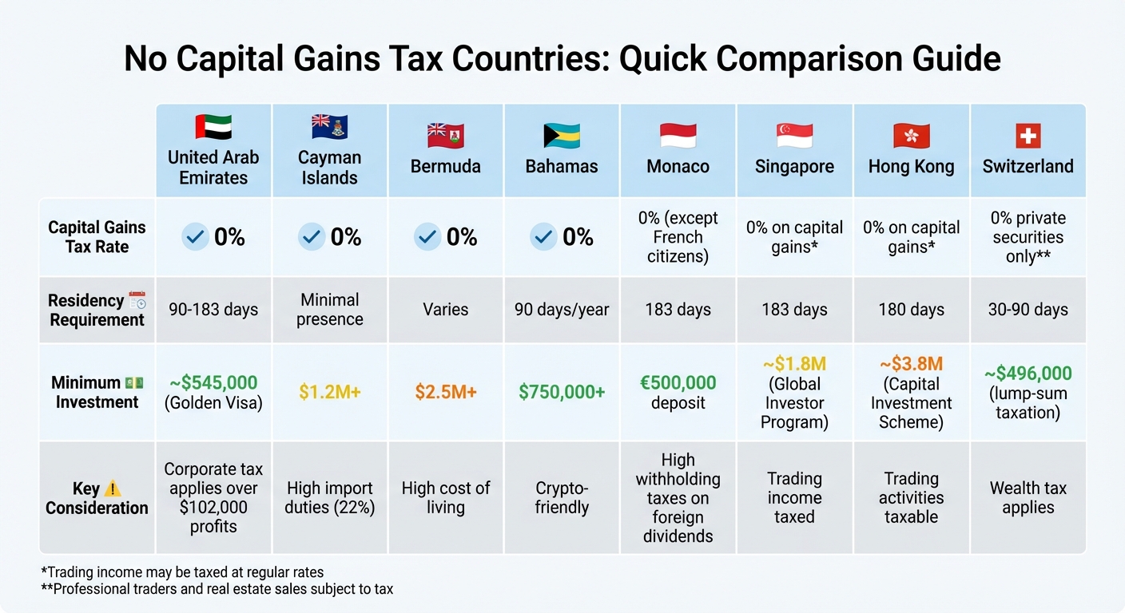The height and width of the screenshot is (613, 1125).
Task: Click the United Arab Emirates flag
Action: (x=213, y=129)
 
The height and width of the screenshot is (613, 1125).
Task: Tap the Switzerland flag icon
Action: (x=1028, y=136)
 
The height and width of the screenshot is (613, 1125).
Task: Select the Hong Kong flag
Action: (x=911, y=136)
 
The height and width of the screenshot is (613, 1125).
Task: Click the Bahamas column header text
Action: (x=562, y=167)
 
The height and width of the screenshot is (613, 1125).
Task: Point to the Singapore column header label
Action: (x=794, y=167)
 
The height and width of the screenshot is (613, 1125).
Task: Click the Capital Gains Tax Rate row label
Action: (x=97, y=237)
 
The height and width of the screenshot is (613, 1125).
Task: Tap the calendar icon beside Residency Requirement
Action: (x=137, y=301)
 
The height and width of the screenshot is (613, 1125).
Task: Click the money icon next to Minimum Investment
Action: (x=133, y=383)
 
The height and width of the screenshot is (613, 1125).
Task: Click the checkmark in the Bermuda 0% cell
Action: (x=427, y=237)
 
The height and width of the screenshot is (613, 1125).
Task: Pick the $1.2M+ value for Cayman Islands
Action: (x=330, y=392)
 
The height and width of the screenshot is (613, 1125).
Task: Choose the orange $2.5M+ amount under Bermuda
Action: (x=446, y=392)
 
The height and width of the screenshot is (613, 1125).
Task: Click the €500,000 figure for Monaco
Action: (x=678, y=383)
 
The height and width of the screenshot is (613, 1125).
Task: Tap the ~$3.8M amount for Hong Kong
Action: (x=912, y=365)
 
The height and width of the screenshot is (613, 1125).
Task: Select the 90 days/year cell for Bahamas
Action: (x=562, y=310)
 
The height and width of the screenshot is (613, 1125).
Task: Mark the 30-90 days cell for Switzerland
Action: (x=1028, y=310)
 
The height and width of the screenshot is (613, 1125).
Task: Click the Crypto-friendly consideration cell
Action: (x=562, y=498)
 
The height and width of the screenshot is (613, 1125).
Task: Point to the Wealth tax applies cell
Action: (x=1028, y=498)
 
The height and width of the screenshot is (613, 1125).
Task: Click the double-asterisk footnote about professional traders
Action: (x=217, y=590)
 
